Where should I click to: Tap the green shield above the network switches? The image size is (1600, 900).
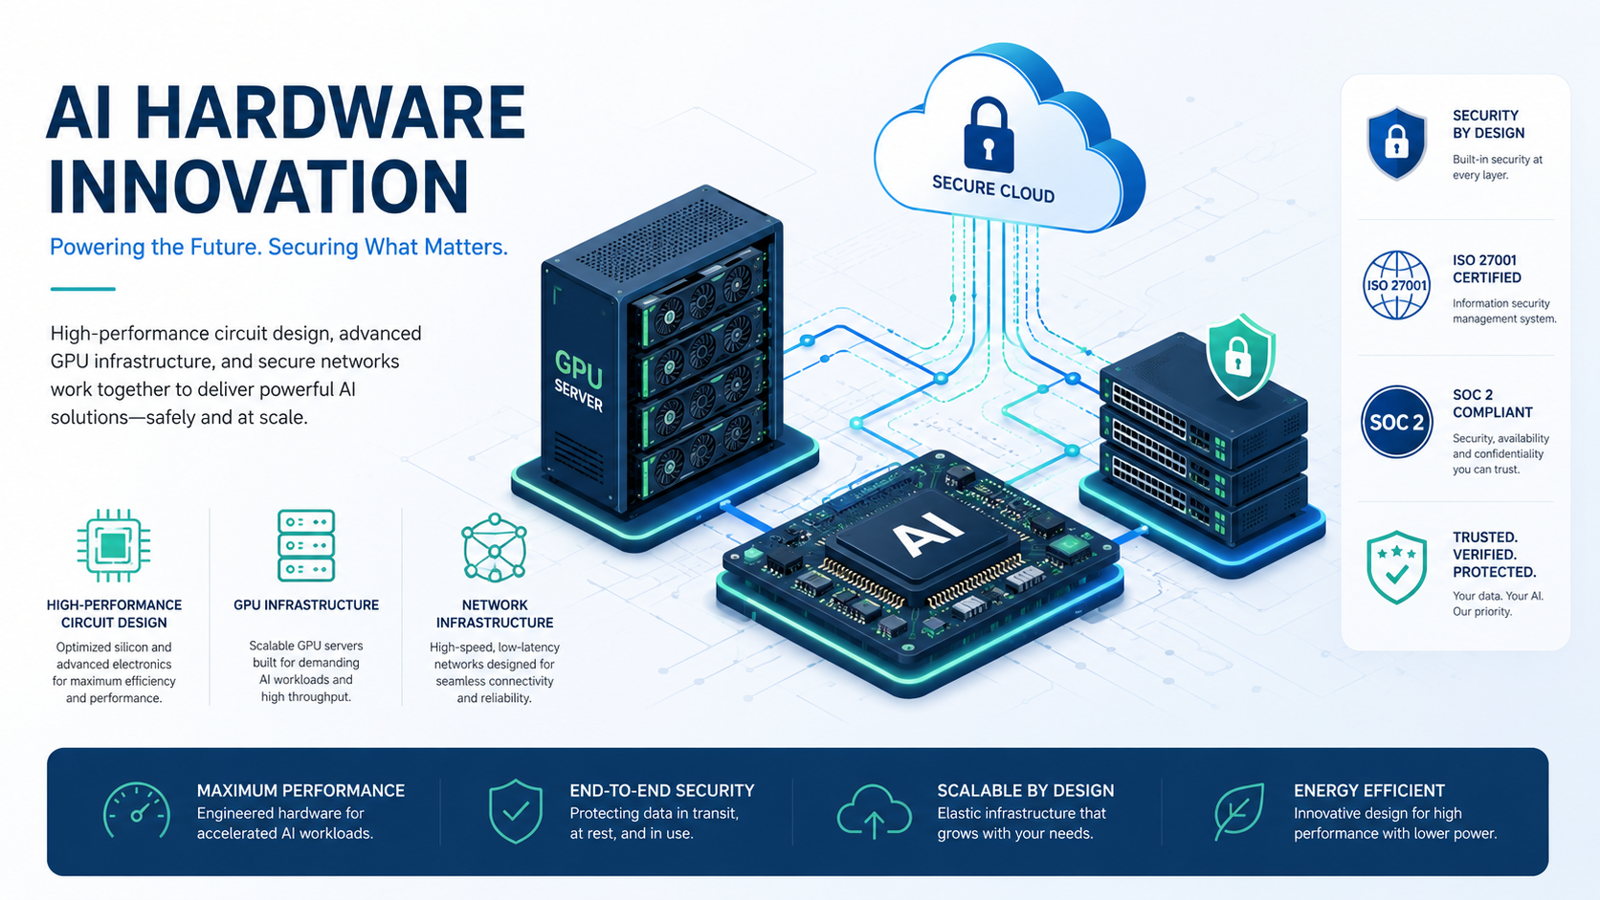click(x=1241, y=356)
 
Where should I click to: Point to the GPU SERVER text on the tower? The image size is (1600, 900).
click(x=579, y=380)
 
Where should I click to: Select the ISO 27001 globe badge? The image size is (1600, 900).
click(x=1396, y=285)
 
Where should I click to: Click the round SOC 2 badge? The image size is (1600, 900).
click(x=1396, y=422)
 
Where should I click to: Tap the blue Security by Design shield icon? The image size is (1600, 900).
click(x=1396, y=143)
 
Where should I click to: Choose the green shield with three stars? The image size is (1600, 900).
click(x=1396, y=567)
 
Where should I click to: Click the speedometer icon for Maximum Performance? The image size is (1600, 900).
click(x=137, y=811)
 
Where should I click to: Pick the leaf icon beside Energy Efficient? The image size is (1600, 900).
click(x=1239, y=811)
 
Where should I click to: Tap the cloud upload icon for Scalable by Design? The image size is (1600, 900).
click(x=874, y=811)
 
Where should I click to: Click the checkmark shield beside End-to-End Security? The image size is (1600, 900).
click(x=516, y=811)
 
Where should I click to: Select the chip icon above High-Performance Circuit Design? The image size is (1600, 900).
click(x=114, y=546)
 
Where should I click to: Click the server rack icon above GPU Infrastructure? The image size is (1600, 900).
click(x=305, y=545)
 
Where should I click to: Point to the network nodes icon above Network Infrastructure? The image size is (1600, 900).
click(x=495, y=547)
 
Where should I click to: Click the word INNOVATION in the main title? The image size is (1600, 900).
click(x=258, y=187)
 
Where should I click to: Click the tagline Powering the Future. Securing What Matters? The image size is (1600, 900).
click(x=278, y=247)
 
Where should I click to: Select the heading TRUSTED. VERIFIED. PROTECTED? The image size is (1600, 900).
click(x=1495, y=555)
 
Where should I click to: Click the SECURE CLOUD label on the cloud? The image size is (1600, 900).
click(x=993, y=189)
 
